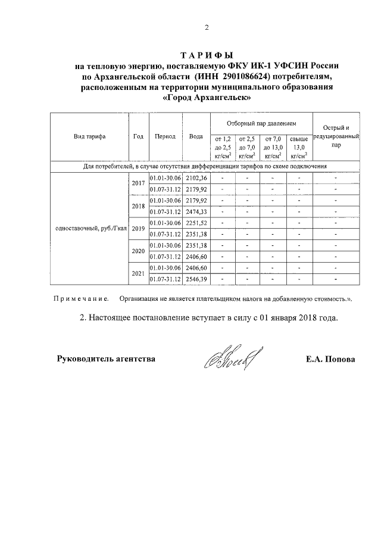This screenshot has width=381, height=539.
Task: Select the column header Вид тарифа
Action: pyautogui.click(x=89, y=136)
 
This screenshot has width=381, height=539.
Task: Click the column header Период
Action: pyautogui.click(x=165, y=136)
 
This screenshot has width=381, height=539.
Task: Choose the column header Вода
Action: pyautogui.click(x=196, y=136)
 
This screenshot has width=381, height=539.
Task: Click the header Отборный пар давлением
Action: pyautogui.click(x=261, y=123)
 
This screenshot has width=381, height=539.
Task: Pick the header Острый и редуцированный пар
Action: pyautogui.click(x=336, y=136)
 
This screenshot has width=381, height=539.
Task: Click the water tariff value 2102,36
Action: pyautogui.click(x=196, y=178)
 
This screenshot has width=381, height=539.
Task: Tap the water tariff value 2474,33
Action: pyautogui.click(x=196, y=211)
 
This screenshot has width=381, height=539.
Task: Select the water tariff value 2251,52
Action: pyautogui.click(x=196, y=223)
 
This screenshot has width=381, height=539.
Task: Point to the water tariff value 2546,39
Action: pyautogui.click(x=196, y=278)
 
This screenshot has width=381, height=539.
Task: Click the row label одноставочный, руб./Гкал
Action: pyautogui.click(x=89, y=228)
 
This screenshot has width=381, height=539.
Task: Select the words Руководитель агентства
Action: pyautogui.click(x=106, y=359)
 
